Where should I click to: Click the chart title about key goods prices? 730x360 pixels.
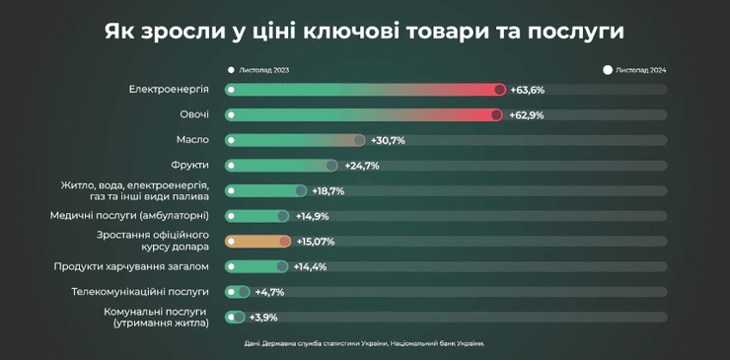(364, 31)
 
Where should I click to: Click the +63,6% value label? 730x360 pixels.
(528, 90)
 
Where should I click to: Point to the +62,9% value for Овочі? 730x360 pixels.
(528, 115)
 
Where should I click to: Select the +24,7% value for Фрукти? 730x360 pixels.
(362, 166)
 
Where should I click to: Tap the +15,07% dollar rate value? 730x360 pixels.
(316, 241)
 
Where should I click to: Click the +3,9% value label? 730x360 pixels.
(263, 317)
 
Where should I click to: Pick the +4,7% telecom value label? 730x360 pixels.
(269, 292)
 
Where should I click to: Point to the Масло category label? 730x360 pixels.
(191, 140)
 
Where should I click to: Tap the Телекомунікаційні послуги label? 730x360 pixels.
(140, 292)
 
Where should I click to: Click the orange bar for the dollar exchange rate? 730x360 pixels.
(257, 241)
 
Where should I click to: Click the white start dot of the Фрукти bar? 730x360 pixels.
(231, 166)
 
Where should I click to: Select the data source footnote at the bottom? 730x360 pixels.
(364, 343)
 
